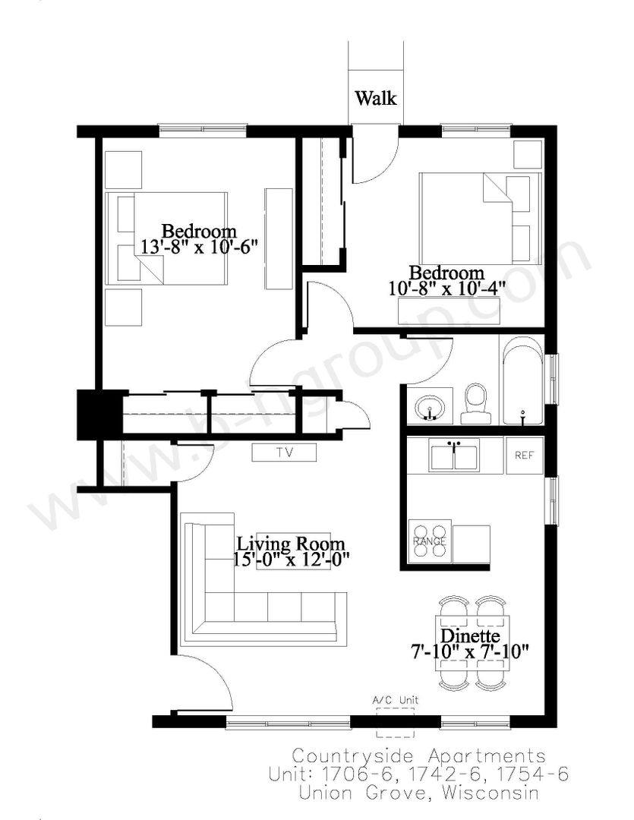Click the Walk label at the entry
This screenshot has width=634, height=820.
click(376, 98)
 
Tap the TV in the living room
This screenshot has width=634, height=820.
click(284, 453)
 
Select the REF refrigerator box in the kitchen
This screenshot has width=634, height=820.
click(524, 456)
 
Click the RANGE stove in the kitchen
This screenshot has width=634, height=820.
click(430, 541)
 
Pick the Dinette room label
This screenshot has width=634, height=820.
click(470, 636)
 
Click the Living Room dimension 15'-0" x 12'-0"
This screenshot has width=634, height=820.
click(292, 559)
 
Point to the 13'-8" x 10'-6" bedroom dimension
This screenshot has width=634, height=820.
click(200, 246)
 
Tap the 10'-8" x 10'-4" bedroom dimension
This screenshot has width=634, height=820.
click(447, 289)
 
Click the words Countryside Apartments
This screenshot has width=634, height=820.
click(418, 756)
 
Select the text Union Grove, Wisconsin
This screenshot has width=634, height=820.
click(418, 792)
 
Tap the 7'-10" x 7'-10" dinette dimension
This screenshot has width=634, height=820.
click(470, 652)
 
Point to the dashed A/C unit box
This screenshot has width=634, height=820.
click(395, 723)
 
